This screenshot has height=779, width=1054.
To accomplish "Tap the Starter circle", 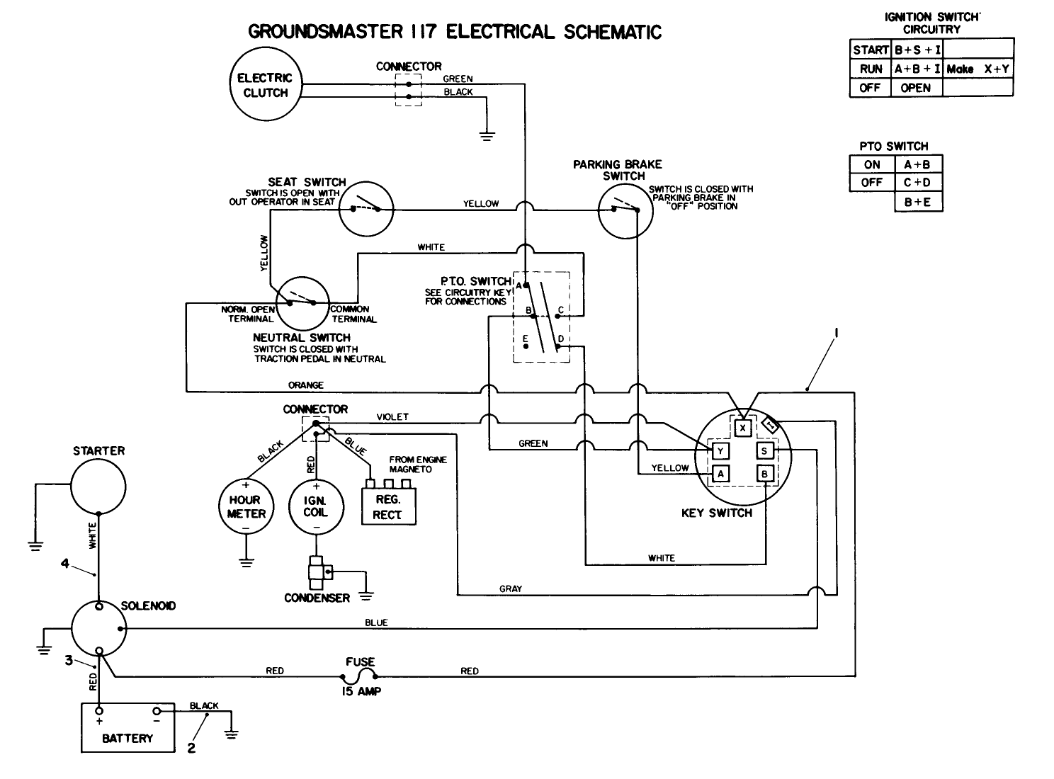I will [98, 485].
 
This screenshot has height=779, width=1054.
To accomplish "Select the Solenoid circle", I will [98, 628].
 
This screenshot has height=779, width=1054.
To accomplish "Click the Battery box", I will [127, 727].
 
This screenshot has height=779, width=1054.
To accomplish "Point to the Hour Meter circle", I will [246, 506].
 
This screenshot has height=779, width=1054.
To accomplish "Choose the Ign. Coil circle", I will [316, 506].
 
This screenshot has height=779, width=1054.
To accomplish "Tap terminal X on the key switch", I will [742, 428].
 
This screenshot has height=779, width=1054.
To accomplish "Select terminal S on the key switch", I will [765, 451].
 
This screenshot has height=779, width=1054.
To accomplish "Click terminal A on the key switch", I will [720, 474].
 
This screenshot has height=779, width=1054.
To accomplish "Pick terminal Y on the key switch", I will [720, 451].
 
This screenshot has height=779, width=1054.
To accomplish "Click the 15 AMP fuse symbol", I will [359, 676].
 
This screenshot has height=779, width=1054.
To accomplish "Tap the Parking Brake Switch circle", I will [624, 210].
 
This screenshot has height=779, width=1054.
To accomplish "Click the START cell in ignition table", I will [870, 50].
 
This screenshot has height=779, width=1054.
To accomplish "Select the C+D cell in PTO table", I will [917, 183].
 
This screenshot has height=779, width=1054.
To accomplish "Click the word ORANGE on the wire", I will [306, 385].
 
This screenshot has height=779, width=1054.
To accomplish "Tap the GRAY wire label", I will [510, 588].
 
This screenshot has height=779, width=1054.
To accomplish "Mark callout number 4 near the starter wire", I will [65, 564].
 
